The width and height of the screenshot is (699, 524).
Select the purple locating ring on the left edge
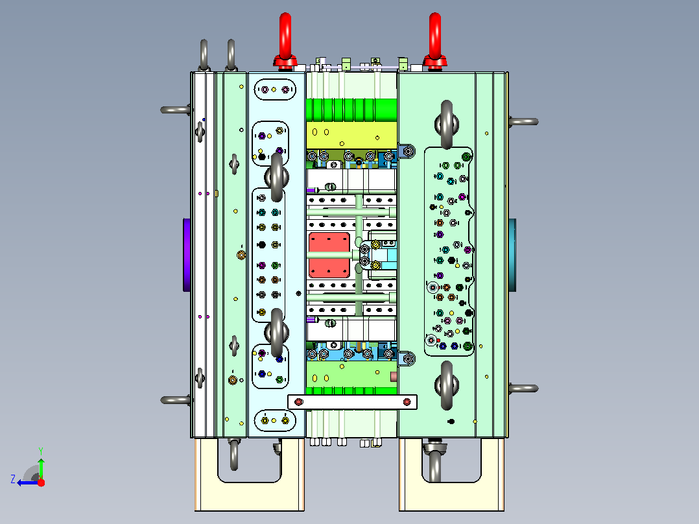[187, 255]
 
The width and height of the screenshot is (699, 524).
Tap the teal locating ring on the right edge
[513, 255]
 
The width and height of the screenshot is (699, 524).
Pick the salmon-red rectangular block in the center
[329, 255]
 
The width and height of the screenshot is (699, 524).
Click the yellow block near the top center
[351, 135]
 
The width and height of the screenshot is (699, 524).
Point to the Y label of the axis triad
[41, 451]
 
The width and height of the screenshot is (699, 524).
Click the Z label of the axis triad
[13, 479]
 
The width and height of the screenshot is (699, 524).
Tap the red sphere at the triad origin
[41, 482]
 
